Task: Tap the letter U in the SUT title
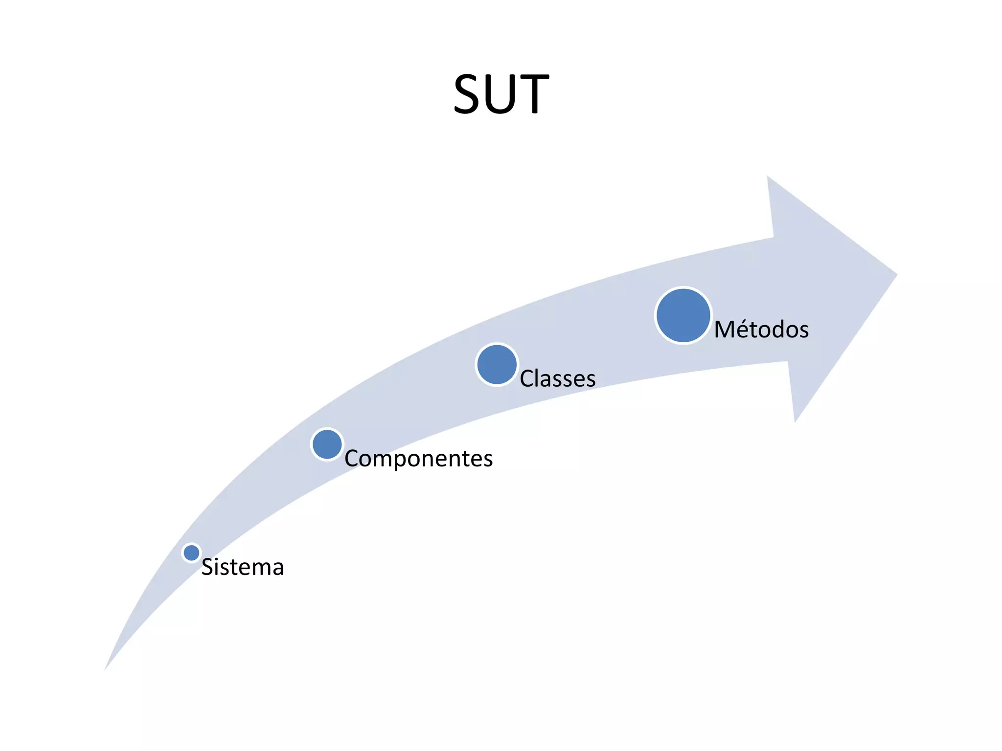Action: pyautogui.click(x=503, y=94)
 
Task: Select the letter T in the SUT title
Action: pyautogui.click(x=533, y=94)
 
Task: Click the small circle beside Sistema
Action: pyautogui.click(x=191, y=552)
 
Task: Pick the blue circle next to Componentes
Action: pyautogui.click(x=327, y=444)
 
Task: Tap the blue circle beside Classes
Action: pyautogui.click(x=497, y=364)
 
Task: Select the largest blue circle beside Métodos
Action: pyautogui.click(x=683, y=315)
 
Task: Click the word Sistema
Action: pyautogui.click(x=242, y=567)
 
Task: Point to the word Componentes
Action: pyautogui.click(x=418, y=459)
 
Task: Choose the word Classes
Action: pyautogui.click(x=557, y=379)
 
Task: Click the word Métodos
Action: pyautogui.click(x=761, y=330)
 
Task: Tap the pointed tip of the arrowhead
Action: pyautogui.click(x=896, y=275)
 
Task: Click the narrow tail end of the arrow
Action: pyautogui.click(x=106, y=668)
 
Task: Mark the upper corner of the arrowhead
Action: pyautogui.click(x=768, y=177)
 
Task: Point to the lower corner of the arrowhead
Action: pyautogui.click(x=795, y=421)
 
